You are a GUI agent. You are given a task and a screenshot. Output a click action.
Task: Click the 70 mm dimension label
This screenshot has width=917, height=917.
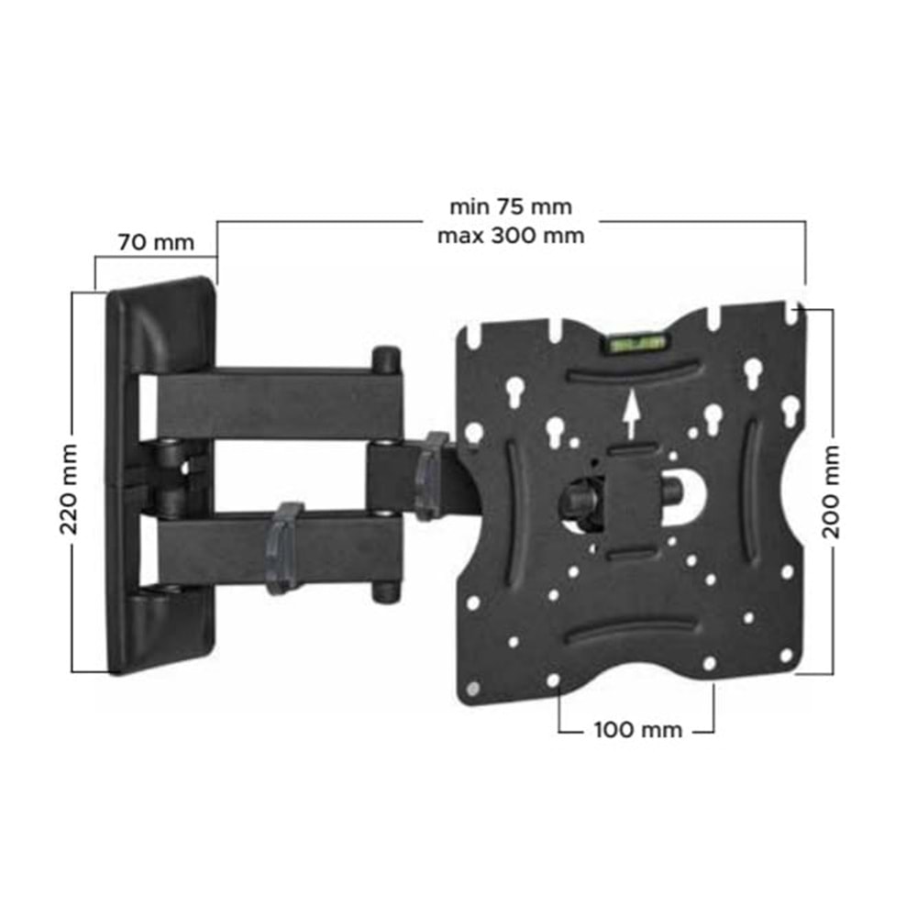156,242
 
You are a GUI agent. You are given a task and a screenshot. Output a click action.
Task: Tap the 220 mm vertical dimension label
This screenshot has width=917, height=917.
69,489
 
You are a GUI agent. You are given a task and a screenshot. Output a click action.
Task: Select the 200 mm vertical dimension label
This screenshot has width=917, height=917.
831,492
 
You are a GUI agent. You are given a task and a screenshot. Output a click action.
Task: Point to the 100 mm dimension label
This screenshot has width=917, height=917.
638,730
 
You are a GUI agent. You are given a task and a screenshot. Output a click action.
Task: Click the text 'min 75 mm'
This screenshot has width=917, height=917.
511,206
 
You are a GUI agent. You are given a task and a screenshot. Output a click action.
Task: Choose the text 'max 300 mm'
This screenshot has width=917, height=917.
511,236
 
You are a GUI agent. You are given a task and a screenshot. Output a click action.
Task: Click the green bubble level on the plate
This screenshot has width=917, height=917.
637,342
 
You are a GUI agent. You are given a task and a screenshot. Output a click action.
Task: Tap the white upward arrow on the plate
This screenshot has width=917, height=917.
631,415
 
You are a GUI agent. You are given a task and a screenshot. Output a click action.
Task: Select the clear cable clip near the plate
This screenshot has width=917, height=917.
431,475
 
